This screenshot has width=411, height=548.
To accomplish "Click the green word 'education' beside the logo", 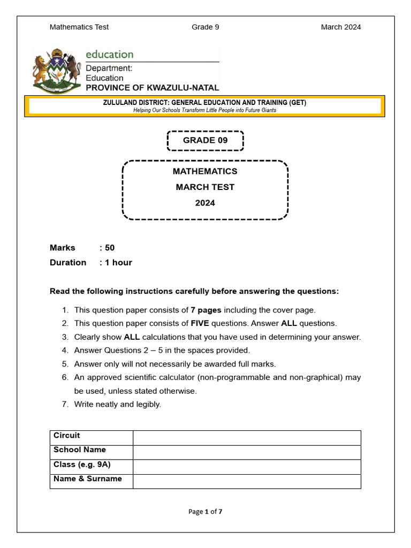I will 110,54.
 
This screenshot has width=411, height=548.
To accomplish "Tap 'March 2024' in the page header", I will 341,27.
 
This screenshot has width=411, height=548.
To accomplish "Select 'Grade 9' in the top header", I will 205,27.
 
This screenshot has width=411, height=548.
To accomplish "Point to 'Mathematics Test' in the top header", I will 79,27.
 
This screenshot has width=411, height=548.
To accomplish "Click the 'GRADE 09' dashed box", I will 205,140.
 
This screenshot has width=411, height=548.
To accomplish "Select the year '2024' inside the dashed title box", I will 205,203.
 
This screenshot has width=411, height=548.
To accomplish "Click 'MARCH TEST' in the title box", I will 205,187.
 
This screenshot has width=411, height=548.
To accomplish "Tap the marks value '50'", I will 110,248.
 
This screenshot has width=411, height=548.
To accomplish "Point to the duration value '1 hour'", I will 118,262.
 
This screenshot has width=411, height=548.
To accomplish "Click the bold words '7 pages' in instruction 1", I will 206,310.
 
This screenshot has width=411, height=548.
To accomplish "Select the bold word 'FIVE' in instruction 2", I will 200,323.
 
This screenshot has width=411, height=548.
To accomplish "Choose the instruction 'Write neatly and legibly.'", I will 117,404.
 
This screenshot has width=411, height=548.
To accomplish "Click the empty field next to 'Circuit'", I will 247,438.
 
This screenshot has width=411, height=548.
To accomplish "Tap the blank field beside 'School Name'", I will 247,452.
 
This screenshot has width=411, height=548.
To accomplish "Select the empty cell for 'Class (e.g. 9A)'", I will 247,467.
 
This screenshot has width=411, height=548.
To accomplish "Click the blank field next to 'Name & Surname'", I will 247,481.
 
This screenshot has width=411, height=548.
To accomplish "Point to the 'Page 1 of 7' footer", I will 205,512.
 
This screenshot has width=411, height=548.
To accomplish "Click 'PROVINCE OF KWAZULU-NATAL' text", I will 153,88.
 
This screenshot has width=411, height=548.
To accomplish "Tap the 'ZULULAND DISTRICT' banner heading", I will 205,103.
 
